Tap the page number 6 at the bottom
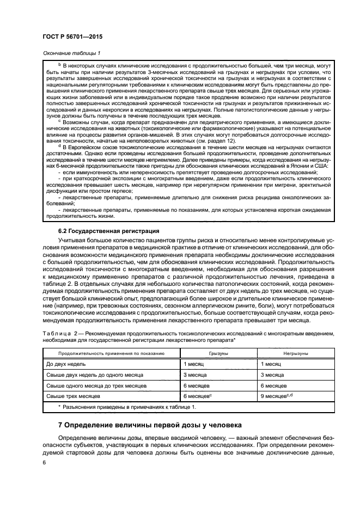pos(44,462)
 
